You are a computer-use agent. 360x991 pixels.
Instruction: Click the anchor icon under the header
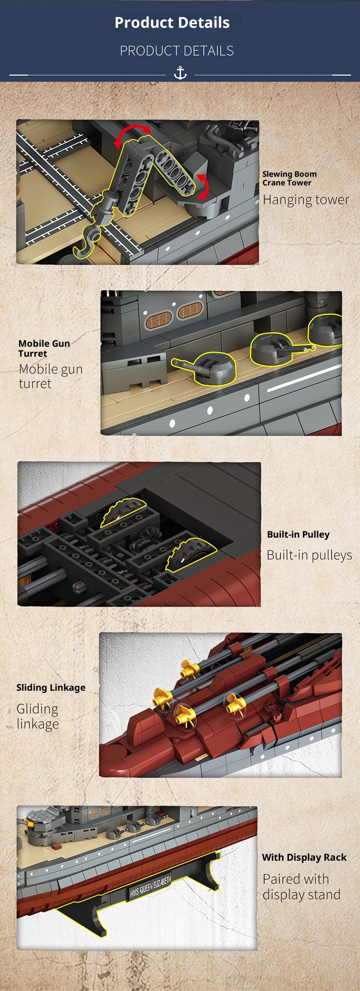click(180, 73)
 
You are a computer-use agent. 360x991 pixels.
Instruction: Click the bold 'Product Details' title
click(172, 22)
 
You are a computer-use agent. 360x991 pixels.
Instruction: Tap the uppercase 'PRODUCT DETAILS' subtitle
click(177, 51)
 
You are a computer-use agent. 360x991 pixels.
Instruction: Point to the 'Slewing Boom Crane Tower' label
click(289, 178)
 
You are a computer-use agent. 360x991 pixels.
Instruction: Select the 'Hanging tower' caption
click(306, 200)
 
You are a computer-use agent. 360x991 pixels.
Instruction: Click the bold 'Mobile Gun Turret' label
click(44, 348)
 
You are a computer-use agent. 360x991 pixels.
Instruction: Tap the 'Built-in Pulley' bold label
click(298, 534)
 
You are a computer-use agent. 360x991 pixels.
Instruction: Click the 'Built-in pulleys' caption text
click(309, 555)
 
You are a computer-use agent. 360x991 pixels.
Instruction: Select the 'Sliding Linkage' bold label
click(51, 688)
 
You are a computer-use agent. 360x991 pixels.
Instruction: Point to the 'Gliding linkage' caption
click(38, 716)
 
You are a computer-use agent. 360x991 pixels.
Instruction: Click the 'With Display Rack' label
click(304, 857)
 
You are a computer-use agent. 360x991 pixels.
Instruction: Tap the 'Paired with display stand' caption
click(302, 886)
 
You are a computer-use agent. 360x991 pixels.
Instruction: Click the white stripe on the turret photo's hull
click(304, 378)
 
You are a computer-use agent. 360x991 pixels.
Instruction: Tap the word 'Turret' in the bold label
click(33, 354)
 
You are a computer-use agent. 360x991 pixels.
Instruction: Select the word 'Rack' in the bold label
click(335, 857)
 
